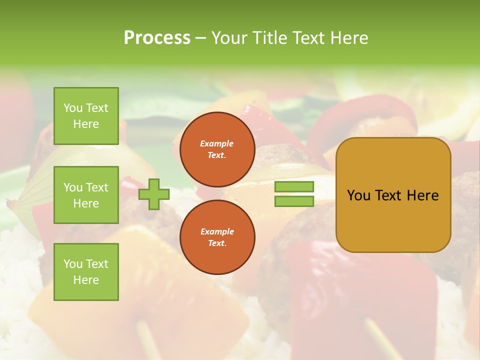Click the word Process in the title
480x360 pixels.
tap(157, 38)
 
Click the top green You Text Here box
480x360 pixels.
tap(86, 116)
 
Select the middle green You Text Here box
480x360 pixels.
tap(86, 195)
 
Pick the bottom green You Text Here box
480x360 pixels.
tap(86, 271)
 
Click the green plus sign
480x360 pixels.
tap(154, 194)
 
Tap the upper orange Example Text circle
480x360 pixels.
tap(217, 149)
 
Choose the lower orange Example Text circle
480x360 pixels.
tap(217, 237)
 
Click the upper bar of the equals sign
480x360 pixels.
tap(294, 186)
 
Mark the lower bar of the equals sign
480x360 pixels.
tap(294, 201)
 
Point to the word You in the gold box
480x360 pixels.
tap(358, 195)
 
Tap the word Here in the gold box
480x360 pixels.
tap(422, 195)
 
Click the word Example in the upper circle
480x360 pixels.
tap(217, 143)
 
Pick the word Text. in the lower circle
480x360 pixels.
tap(217, 243)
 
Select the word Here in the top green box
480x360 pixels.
tap(86, 124)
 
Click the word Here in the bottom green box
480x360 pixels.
tap(86, 280)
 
